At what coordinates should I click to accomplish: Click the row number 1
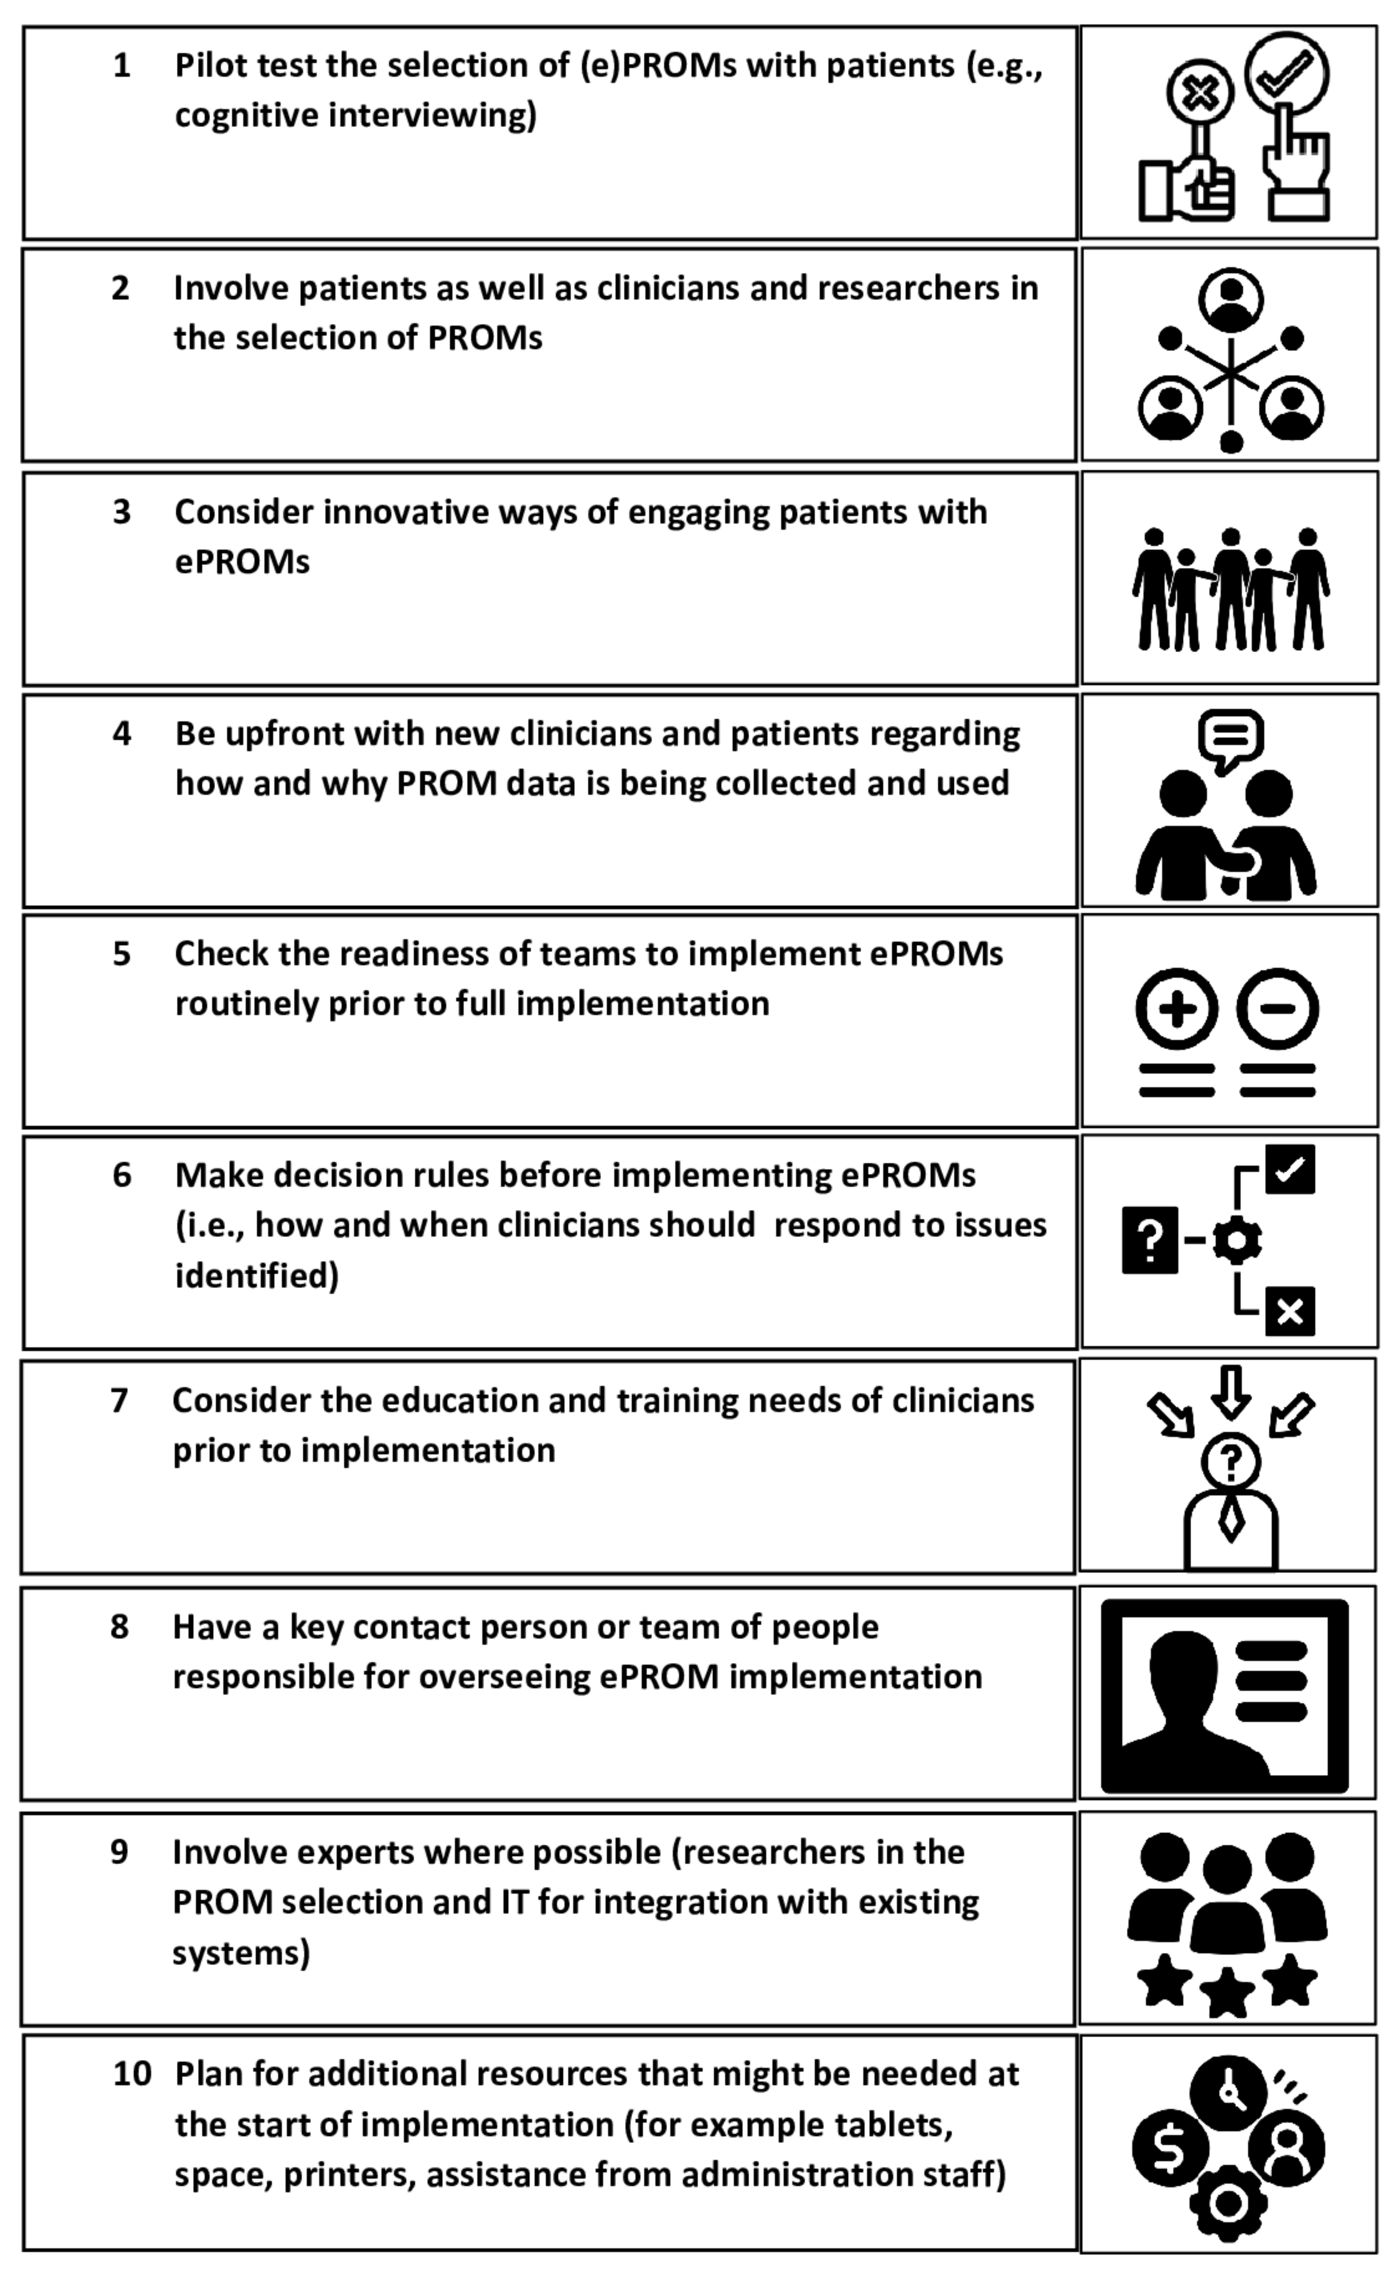pos(121,66)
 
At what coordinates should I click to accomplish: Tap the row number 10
pos(132,2074)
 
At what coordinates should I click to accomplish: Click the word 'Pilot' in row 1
pos(209,66)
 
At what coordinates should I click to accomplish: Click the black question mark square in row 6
pos(1150,1240)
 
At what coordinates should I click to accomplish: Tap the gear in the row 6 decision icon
pos(1236,1240)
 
